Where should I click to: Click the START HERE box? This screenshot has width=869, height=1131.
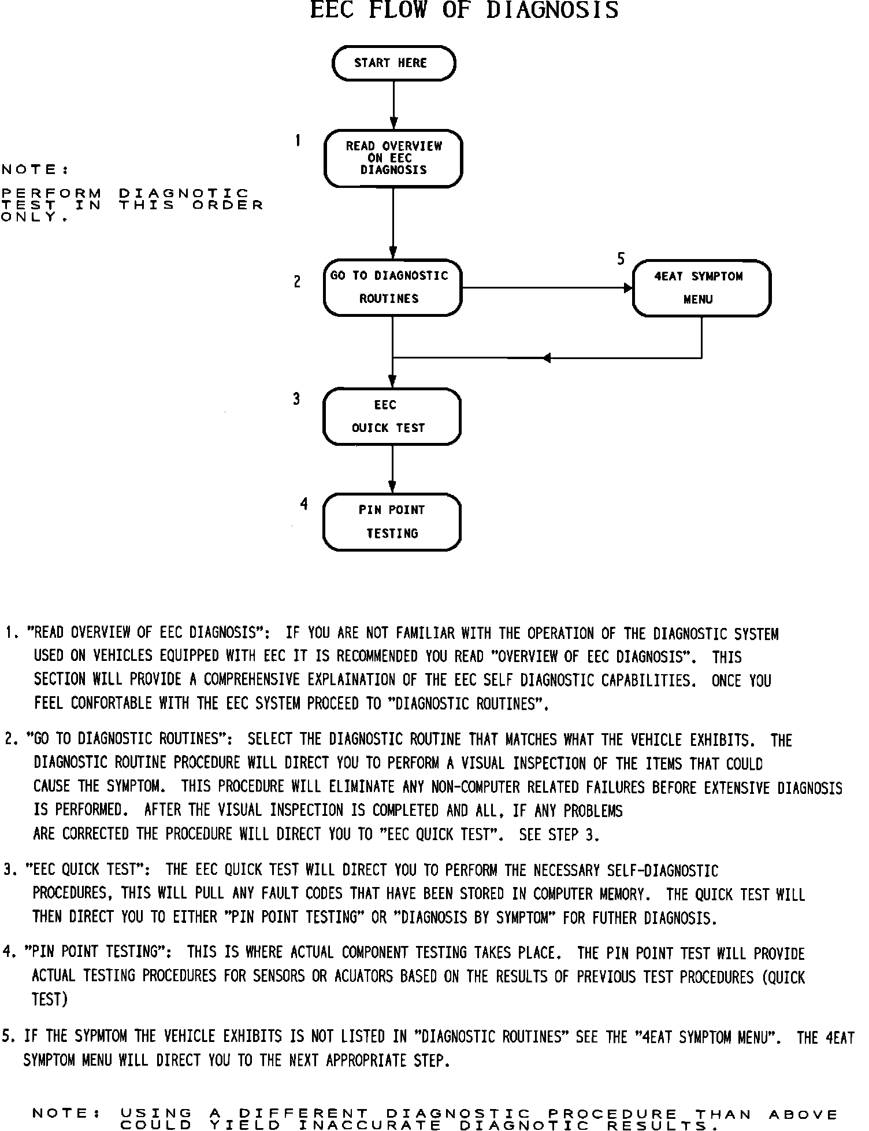click(393, 63)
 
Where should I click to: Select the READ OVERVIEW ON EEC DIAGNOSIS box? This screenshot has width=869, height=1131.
click(393, 158)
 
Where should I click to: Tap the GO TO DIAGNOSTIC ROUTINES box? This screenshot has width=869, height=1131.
click(393, 287)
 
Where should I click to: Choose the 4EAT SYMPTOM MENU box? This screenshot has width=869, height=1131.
click(701, 288)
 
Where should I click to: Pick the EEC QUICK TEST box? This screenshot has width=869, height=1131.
click(392, 416)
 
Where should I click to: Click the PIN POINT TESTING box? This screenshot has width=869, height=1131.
click(392, 522)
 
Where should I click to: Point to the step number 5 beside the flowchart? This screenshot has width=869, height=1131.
click(621, 258)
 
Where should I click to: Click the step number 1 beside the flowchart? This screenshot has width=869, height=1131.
click(298, 141)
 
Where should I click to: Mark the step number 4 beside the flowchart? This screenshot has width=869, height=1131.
click(304, 504)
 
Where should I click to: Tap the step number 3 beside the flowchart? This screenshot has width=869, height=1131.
click(296, 399)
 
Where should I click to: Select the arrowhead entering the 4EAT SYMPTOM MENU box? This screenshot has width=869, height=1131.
click(629, 287)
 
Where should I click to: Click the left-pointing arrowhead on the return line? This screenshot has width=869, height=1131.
click(547, 358)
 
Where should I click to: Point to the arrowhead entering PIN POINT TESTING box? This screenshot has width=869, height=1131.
click(392, 487)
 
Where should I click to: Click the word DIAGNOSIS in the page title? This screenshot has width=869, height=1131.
click(552, 10)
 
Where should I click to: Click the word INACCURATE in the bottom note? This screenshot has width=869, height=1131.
click(370, 1125)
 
